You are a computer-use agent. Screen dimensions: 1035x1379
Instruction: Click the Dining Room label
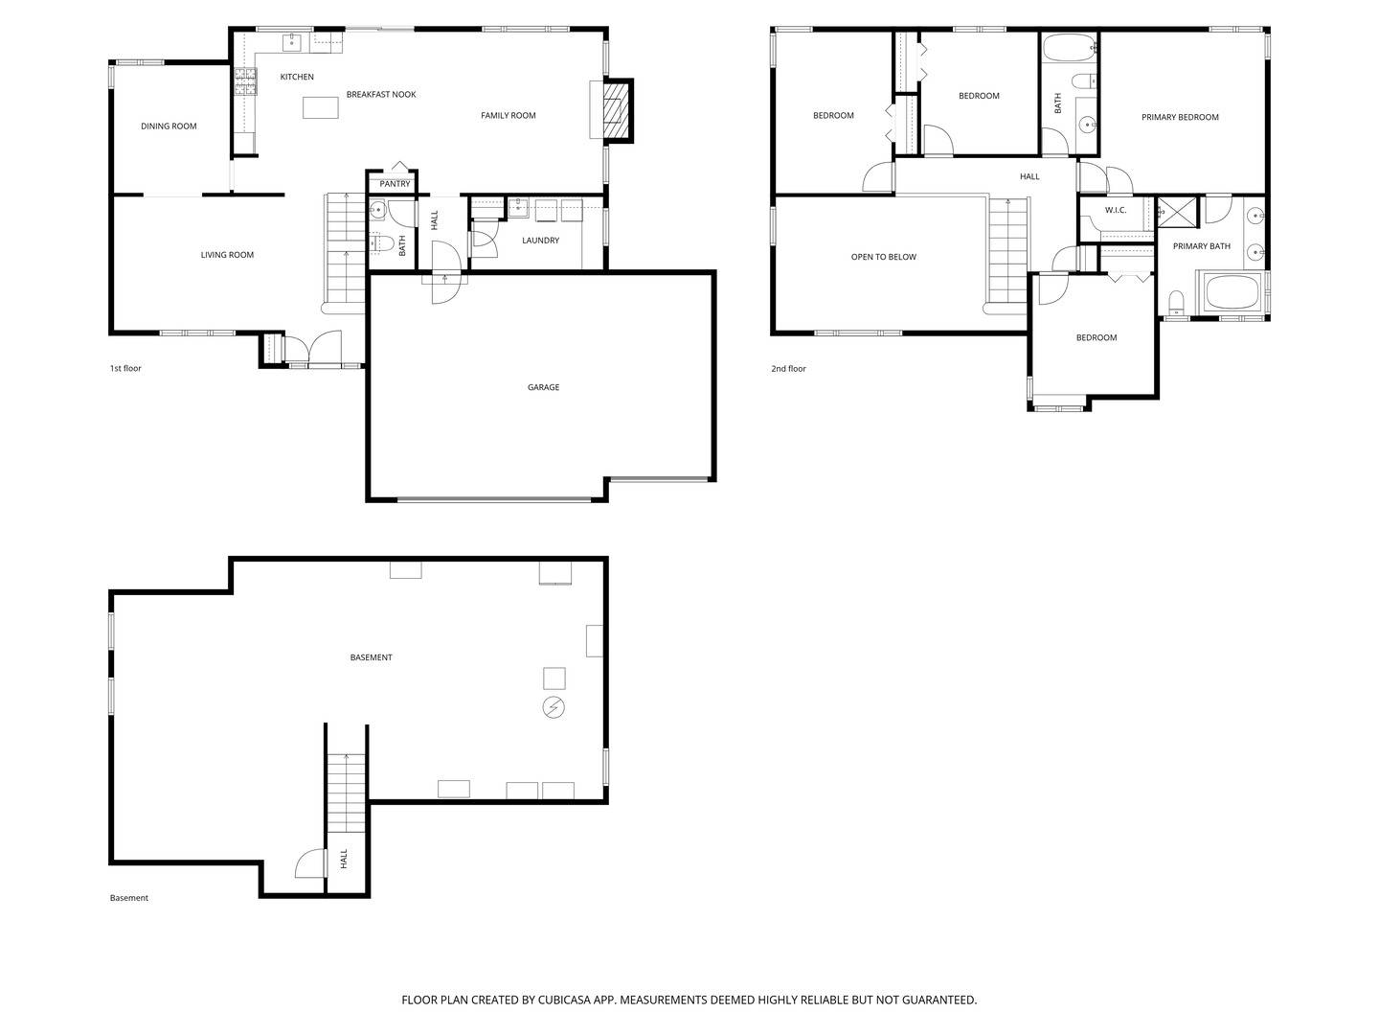click(x=169, y=126)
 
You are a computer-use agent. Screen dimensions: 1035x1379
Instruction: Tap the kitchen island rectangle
click(x=321, y=107)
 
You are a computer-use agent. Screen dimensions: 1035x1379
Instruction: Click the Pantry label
click(x=395, y=184)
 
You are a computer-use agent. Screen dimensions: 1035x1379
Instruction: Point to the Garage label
click(x=543, y=387)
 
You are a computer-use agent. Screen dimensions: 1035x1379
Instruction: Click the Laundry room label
click(x=540, y=241)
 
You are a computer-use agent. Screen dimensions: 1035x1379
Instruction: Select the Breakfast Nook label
click(x=381, y=95)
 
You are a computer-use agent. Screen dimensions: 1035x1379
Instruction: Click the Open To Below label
click(x=883, y=257)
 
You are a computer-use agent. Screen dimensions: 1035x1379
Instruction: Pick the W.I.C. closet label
click(x=1115, y=210)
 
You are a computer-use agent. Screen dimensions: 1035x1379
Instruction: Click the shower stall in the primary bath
click(x=1177, y=212)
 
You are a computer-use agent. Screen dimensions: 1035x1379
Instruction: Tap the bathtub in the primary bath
click(x=1233, y=292)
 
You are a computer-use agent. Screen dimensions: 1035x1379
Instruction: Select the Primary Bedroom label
click(x=1180, y=118)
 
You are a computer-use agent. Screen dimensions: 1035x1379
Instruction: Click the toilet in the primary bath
click(x=1177, y=304)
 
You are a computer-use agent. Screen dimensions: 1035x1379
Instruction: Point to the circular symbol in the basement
click(x=554, y=708)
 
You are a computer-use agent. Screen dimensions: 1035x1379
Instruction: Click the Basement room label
click(x=371, y=657)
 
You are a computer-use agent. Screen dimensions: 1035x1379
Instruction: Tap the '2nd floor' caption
click(x=788, y=369)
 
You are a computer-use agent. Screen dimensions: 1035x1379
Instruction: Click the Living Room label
click(x=227, y=255)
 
